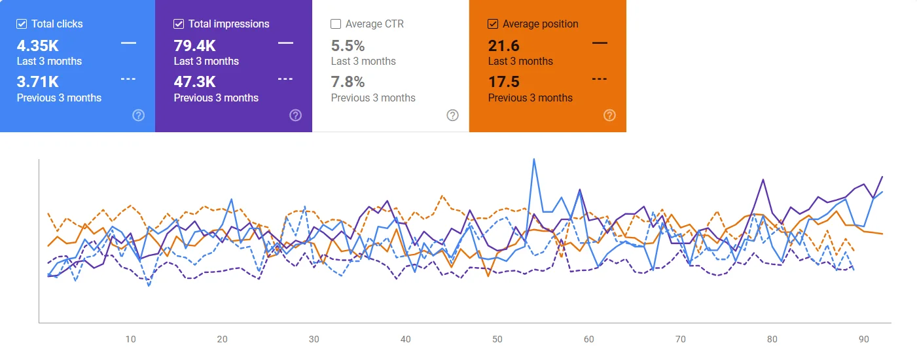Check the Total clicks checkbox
[x=22, y=24]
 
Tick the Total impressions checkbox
[x=179, y=24]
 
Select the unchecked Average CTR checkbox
[x=336, y=24]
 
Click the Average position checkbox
[x=493, y=24]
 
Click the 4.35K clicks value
[x=37, y=46]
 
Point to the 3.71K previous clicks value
[x=37, y=82]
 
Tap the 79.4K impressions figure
[x=194, y=46]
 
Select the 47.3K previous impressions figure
[x=194, y=82]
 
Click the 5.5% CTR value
[x=348, y=46]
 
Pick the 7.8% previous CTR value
[x=348, y=82]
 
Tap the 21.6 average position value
[x=503, y=46]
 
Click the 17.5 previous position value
[x=503, y=82]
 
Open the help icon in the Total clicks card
[x=138, y=115]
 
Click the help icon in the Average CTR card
[x=452, y=115]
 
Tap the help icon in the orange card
[x=609, y=115]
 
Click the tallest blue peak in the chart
[x=534, y=159]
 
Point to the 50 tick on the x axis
[x=497, y=339]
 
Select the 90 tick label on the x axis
[x=864, y=339]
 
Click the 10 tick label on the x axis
[x=131, y=339]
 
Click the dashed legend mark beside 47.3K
[x=285, y=79]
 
